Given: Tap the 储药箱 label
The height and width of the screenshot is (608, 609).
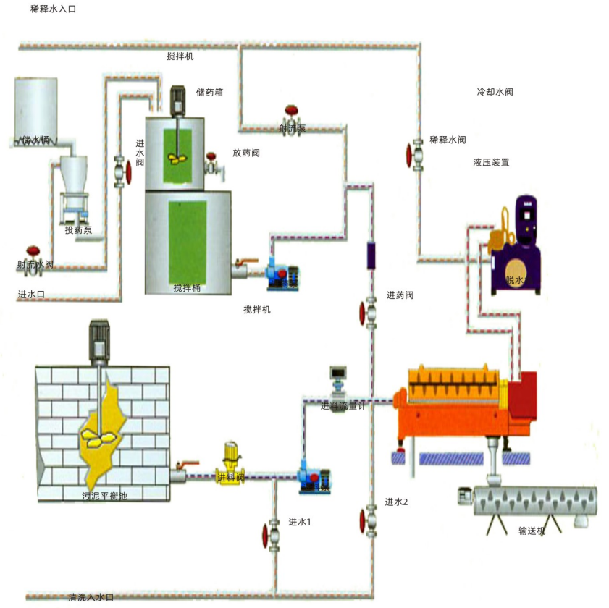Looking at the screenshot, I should pyautogui.click(x=209, y=92).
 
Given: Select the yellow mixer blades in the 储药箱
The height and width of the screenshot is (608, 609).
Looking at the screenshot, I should pyautogui.click(x=177, y=159).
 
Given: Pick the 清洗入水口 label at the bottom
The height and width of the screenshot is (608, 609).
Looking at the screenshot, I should pyautogui.click(x=91, y=597).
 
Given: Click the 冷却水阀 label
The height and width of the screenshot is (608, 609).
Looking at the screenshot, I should pyautogui.click(x=495, y=93).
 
